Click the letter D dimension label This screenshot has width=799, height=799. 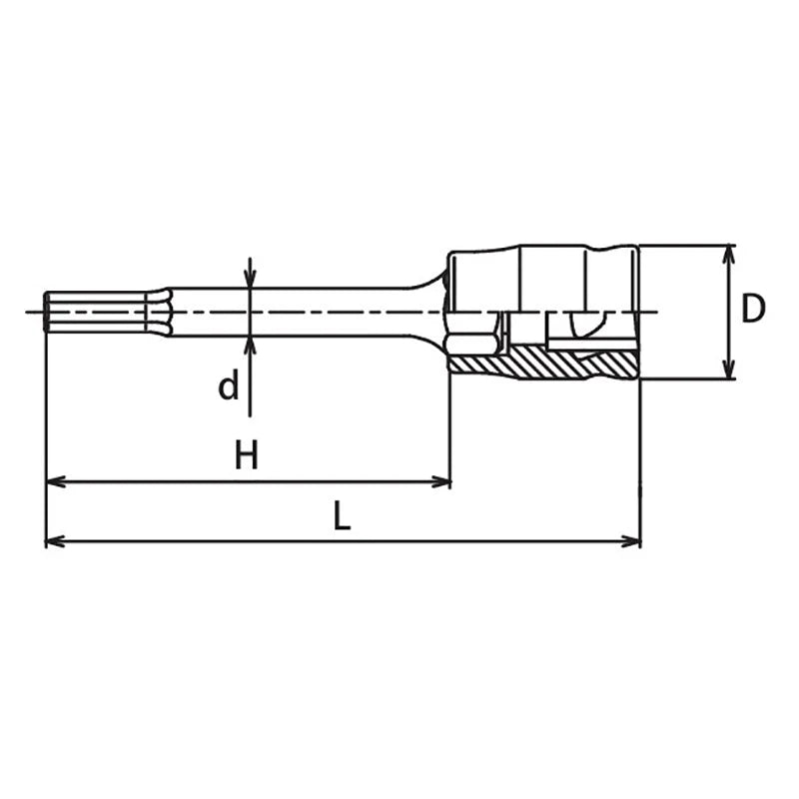point(753,309)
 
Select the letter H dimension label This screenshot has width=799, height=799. point(246,454)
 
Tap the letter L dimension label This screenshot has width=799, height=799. point(342,515)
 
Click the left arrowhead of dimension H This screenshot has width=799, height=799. point(56,481)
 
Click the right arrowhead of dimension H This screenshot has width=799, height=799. point(440,481)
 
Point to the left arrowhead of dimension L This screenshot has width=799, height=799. point(56,541)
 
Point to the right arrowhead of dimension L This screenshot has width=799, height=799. point(630,541)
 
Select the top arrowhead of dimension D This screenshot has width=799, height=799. point(729,255)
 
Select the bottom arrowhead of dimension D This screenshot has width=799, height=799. point(729,369)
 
